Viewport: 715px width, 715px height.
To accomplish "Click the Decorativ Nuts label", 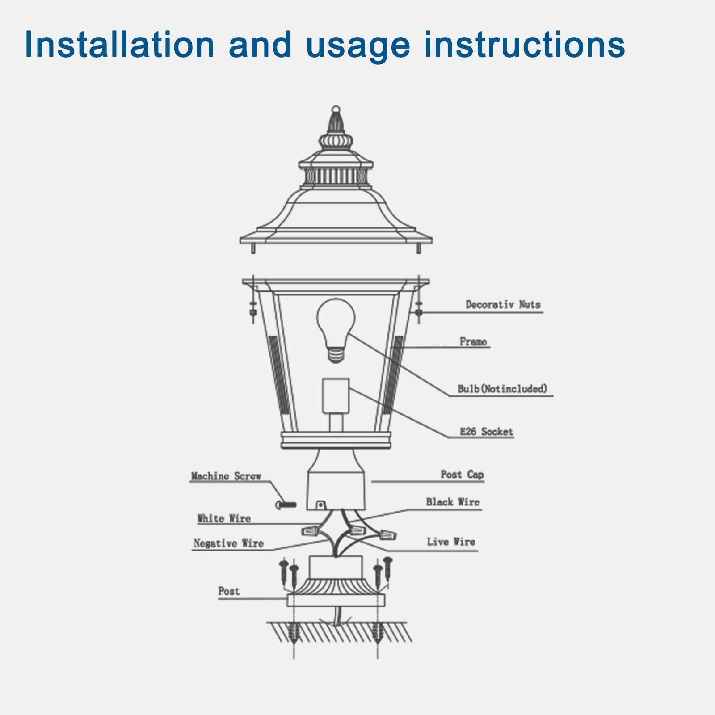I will tap(503, 305).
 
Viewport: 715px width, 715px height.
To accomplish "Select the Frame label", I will tap(473, 342).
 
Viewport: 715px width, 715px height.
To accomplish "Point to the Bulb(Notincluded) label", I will tap(502, 389).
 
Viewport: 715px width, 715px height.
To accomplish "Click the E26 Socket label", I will tap(486, 432).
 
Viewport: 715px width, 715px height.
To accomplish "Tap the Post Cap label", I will tap(462, 475).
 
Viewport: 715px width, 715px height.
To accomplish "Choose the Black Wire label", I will tap(452, 502).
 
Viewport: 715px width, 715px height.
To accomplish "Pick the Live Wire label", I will tap(450, 542).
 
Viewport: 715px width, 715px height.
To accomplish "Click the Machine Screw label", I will tap(226, 476).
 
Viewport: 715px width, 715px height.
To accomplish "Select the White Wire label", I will tap(224, 519).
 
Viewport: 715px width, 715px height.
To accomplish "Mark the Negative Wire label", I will tap(228, 544).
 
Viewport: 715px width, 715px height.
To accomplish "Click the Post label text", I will tap(229, 591).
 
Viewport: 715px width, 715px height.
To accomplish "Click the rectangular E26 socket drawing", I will tap(336, 395).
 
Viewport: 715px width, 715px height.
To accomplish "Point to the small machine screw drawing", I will tap(286, 505).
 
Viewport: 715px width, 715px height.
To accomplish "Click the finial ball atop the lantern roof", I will tap(336, 109).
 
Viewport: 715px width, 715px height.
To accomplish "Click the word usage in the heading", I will tap(357, 45).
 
